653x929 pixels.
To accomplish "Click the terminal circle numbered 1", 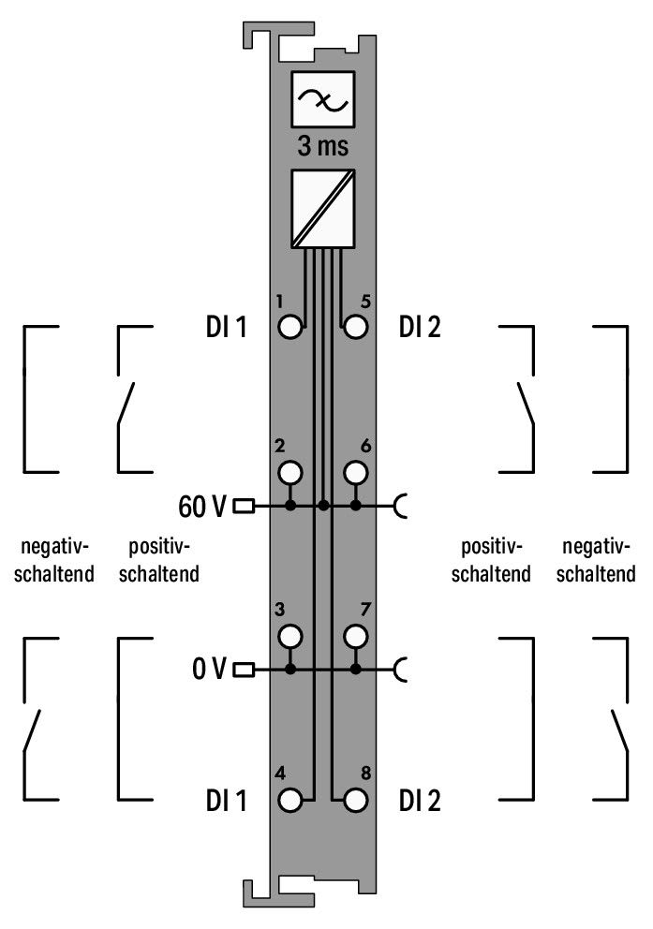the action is point(289,327).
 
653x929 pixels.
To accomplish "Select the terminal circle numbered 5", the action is point(355,327).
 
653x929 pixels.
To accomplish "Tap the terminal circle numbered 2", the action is point(289,473).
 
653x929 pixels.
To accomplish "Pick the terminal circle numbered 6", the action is point(355,473).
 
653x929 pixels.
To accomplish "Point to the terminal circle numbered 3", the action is point(289,637).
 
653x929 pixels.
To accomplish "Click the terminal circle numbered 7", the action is point(355,637).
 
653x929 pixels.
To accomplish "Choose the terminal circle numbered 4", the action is point(289,801).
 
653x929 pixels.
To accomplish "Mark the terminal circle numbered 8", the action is point(355,801).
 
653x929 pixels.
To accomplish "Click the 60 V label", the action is point(202,507).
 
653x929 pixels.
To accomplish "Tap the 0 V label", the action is point(209,669).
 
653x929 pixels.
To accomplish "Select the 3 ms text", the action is point(323,146).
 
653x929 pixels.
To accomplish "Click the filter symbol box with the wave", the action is point(323,99).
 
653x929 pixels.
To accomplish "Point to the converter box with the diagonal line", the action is point(323,209).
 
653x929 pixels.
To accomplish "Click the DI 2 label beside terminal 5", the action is point(420,327).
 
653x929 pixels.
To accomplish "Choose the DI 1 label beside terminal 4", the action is point(226,801).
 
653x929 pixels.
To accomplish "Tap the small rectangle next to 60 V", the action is point(245,507).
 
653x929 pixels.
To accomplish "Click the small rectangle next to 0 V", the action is point(245,671).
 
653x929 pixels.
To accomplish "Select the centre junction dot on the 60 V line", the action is point(323,506).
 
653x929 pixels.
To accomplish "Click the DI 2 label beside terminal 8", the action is point(420,801).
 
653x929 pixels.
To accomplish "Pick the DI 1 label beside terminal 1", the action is point(226,327).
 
